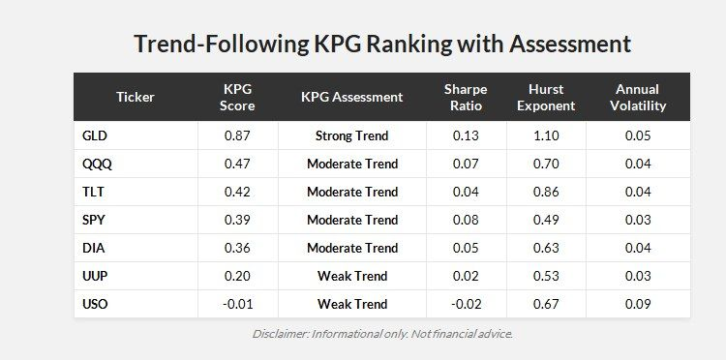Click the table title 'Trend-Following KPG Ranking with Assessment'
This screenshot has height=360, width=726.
pos(381,45)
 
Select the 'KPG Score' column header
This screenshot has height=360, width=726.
pos(237,97)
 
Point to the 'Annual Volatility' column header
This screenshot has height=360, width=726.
pos(638,97)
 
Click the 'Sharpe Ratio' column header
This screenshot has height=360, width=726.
pos(466,97)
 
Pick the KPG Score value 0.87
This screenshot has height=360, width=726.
pos(237,135)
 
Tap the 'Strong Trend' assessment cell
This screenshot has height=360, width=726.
pos(351,135)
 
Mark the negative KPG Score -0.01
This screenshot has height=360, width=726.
pos(237,304)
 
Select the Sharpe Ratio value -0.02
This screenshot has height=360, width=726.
pos(466,304)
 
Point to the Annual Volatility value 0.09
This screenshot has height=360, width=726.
pos(638,304)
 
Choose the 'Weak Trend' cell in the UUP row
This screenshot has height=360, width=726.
pos(351,276)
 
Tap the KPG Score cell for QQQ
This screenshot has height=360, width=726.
pos(237,164)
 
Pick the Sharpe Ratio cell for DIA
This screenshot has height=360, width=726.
pos(466,248)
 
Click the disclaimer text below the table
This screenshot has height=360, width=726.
pos(381,334)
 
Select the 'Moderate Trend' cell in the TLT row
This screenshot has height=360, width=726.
pos(351,192)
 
